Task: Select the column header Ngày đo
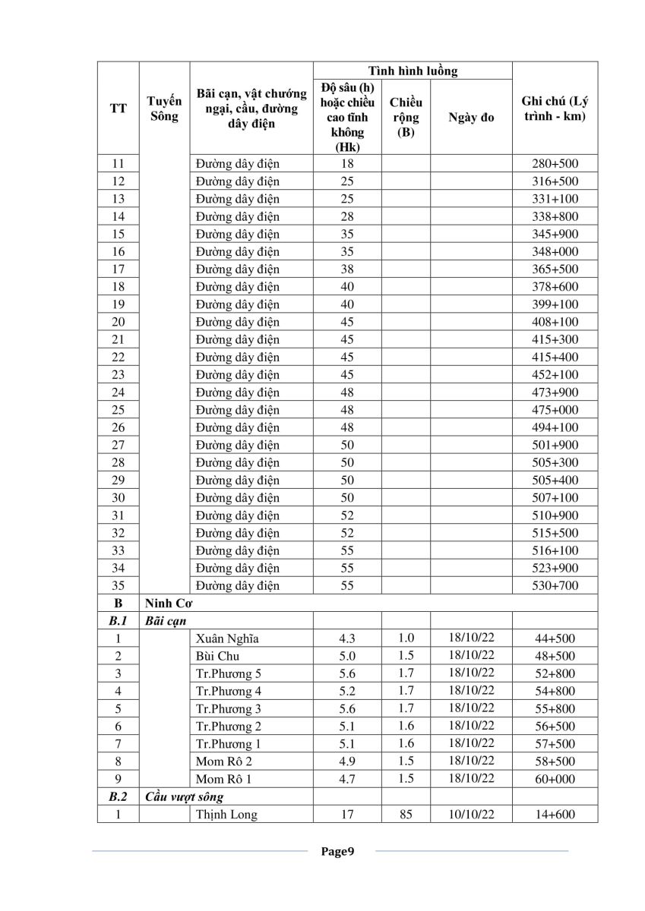click(471, 118)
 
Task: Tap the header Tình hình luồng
click(413, 71)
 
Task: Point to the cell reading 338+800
click(555, 216)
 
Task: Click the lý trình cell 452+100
click(555, 375)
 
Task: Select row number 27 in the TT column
click(118, 445)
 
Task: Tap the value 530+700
click(555, 586)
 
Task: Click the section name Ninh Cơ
click(168, 604)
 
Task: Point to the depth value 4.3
click(346, 638)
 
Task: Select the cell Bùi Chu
click(217, 656)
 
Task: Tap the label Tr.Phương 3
click(229, 709)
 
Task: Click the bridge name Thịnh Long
click(226, 815)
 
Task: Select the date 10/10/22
click(471, 815)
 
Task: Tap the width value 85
click(406, 815)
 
